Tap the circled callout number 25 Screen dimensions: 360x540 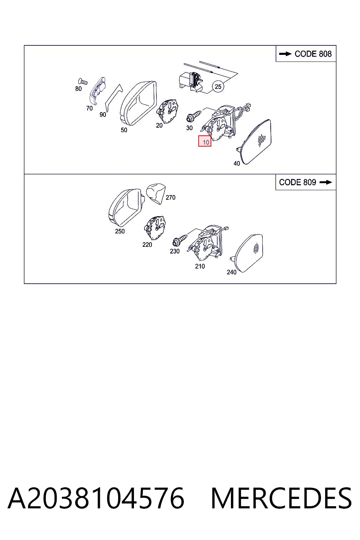pos(218,86)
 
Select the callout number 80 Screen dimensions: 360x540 pos(78,89)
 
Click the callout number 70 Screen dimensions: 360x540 pos(89,109)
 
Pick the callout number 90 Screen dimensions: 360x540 pos(103,115)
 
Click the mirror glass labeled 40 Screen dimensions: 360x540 pos(256,142)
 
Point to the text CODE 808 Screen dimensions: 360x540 pos(313,54)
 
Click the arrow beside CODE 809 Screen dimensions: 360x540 pos(326,182)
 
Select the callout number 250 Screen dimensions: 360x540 pos(120,231)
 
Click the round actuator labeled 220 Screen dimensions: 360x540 pos(155,228)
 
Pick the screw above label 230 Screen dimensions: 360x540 pos(180,239)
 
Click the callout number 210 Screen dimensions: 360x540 pos(200,266)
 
